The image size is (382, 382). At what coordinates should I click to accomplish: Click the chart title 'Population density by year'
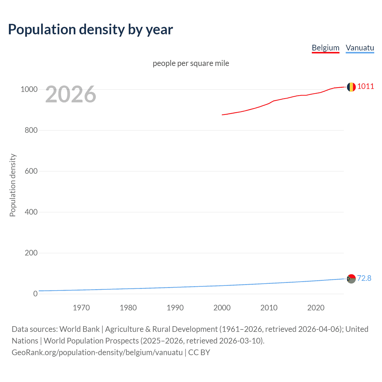click(x=90, y=30)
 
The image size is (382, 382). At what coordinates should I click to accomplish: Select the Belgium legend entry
click(x=325, y=48)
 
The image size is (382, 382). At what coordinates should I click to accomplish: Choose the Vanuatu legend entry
click(x=360, y=48)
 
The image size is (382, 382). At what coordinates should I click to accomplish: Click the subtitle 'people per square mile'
click(x=191, y=64)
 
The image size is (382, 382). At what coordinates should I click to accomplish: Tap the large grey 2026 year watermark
click(x=71, y=94)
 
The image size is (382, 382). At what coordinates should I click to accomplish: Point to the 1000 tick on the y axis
click(x=29, y=90)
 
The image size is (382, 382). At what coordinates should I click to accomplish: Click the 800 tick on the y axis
click(x=31, y=130)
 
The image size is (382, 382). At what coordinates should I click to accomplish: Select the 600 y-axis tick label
click(x=31, y=171)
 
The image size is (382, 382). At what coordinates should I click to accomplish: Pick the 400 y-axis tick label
click(x=31, y=212)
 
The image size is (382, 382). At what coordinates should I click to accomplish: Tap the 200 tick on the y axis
click(x=31, y=253)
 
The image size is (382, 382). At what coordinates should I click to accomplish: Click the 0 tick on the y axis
click(x=36, y=294)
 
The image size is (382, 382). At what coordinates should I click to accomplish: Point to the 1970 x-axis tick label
click(x=81, y=308)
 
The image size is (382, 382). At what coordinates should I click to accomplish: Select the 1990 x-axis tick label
click(x=175, y=308)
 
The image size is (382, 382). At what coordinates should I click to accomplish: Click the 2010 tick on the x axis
click(x=269, y=308)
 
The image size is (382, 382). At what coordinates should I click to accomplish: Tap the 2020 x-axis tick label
click(x=316, y=308)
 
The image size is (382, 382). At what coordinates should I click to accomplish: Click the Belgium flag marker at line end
click(x=351, y=87)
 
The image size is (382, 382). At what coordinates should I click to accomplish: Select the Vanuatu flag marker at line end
click(x=351, y=279)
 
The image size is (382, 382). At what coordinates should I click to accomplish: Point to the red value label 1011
click(x=366, y=87)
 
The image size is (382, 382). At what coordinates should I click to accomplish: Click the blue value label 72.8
click(x=364, y=278)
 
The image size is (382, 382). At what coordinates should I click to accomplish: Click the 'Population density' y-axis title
click(x=13, y=185)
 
